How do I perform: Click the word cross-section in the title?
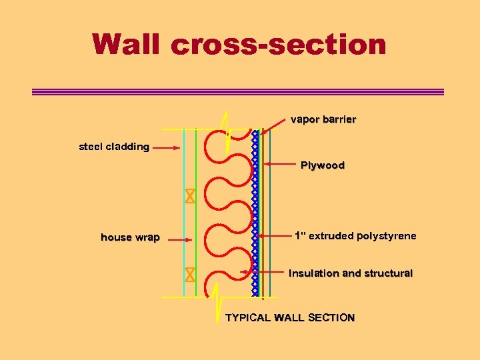(278, 44)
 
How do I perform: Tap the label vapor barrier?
(323, 120)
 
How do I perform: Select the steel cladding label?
(114, 147)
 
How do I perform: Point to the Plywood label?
(323, 165)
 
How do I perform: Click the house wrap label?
(130, 237)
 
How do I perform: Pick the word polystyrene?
(387, 236)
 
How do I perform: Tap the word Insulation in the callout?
(313, 273)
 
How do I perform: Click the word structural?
(387, 273)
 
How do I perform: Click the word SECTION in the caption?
(331, 318)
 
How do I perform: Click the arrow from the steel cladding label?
(167, 148)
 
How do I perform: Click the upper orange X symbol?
(190, 197)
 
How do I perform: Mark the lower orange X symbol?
(190, 274)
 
